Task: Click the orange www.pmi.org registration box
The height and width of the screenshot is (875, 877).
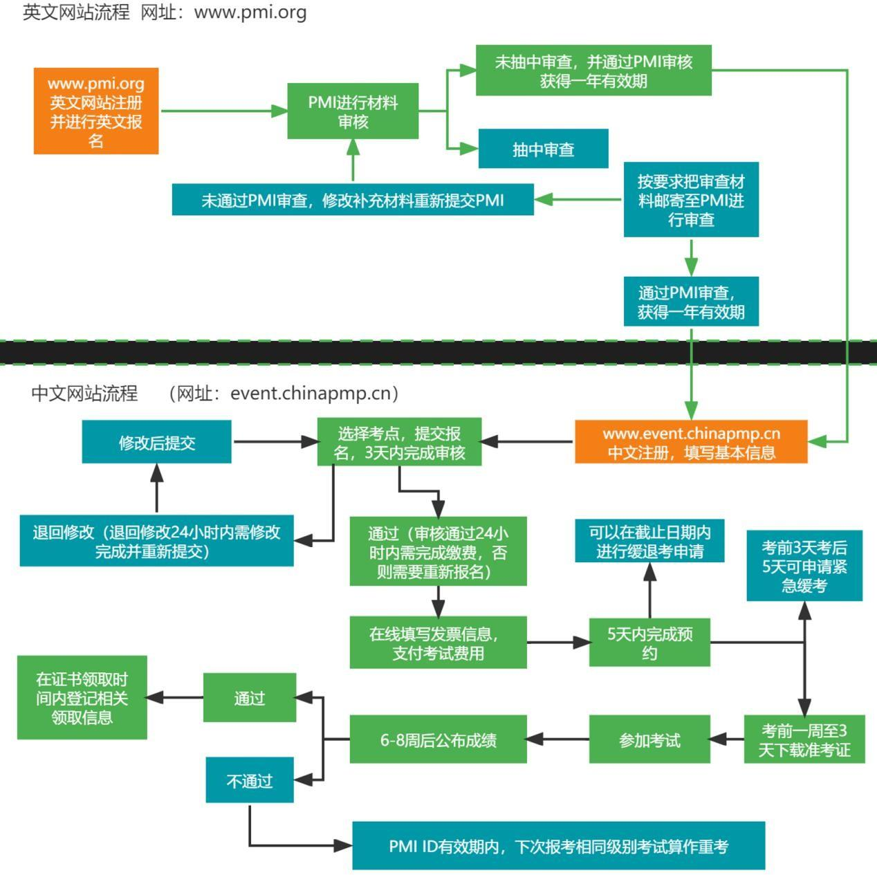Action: pos(96,111)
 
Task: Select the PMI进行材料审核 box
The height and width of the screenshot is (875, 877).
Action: pos(353,112)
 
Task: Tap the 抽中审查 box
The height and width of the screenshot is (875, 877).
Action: pos(543,149)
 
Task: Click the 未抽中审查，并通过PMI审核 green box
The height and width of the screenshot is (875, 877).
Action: pos(593,71)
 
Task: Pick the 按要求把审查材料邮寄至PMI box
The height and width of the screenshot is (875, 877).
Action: pos(691,200)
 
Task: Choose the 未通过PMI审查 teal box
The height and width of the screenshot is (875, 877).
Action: pos(353,200)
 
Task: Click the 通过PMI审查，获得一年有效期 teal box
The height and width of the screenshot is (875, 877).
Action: pos(691,302)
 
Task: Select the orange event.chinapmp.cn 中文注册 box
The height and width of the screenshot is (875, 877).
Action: pos(691,443)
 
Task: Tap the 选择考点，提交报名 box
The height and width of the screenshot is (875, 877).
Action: pos(399,443)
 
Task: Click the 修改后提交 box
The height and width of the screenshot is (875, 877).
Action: pos(157,442)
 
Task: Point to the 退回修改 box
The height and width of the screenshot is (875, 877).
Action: pos(156,541)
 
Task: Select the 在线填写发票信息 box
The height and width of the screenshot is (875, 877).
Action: pos(438,643)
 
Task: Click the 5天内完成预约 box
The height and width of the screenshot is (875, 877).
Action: pos(649,643)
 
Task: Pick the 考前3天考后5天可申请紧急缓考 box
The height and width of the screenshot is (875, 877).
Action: pos(804,566)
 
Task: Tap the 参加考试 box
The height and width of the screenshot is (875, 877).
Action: pos(649,739)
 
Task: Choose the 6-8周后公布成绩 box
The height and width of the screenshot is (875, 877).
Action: pos(438,739)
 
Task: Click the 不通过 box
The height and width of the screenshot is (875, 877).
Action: pos(250,780)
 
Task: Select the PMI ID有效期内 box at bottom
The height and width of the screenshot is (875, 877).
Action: pos(558,846)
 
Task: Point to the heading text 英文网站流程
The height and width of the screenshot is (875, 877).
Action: pos(76,12)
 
